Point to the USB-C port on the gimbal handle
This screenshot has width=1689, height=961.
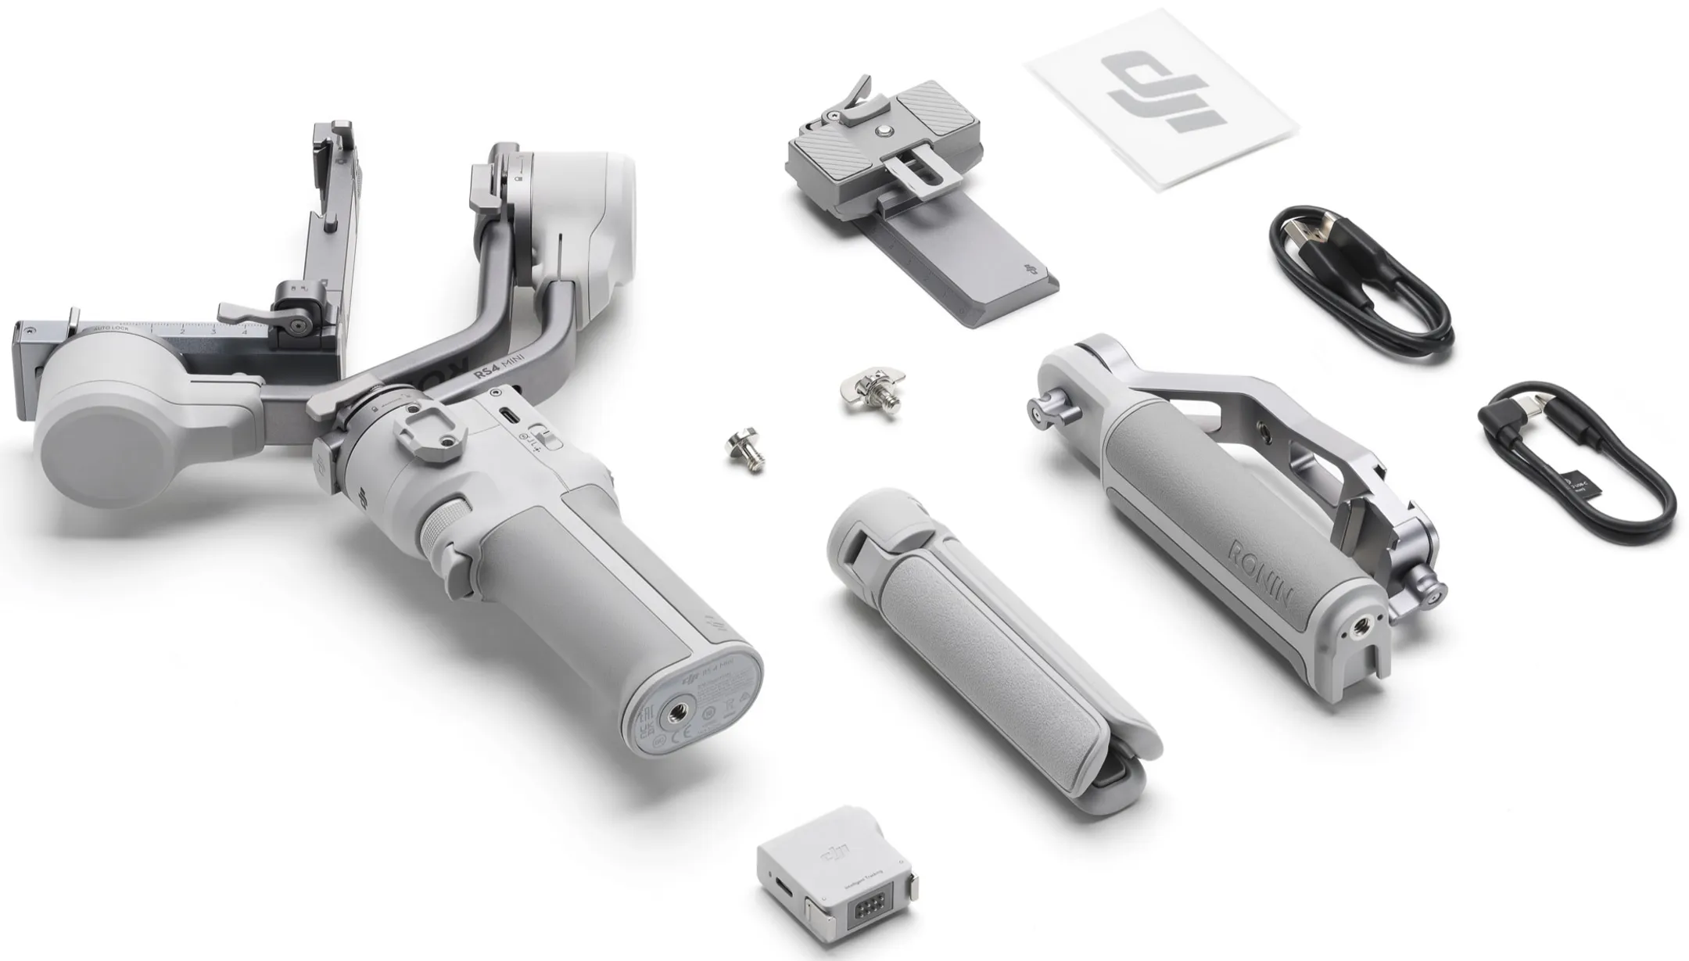pos(507,415)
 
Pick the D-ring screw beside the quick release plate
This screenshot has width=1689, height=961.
pos(870,390)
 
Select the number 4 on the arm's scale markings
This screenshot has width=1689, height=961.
pos(245,331)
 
